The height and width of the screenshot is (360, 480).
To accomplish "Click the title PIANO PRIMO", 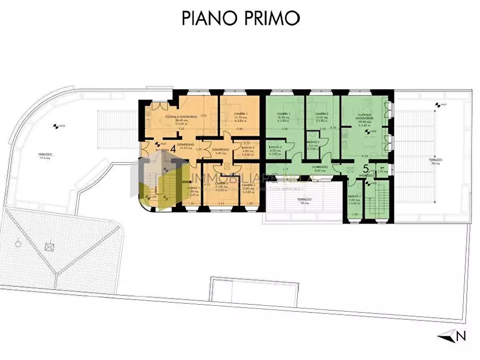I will pos(240,18).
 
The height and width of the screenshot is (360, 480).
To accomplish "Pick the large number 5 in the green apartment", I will pos(364,171).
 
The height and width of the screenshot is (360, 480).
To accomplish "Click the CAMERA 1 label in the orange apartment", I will pos(240,114).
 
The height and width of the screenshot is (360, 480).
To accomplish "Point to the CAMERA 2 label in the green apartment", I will pos(321,114).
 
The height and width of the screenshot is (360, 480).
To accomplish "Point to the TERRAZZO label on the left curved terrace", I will pos(45,155).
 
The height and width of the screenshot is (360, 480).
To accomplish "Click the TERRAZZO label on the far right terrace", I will pos(435,160).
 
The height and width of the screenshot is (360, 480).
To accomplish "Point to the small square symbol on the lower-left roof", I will pos(50,247).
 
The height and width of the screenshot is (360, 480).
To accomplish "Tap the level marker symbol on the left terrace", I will pos(55,127).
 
